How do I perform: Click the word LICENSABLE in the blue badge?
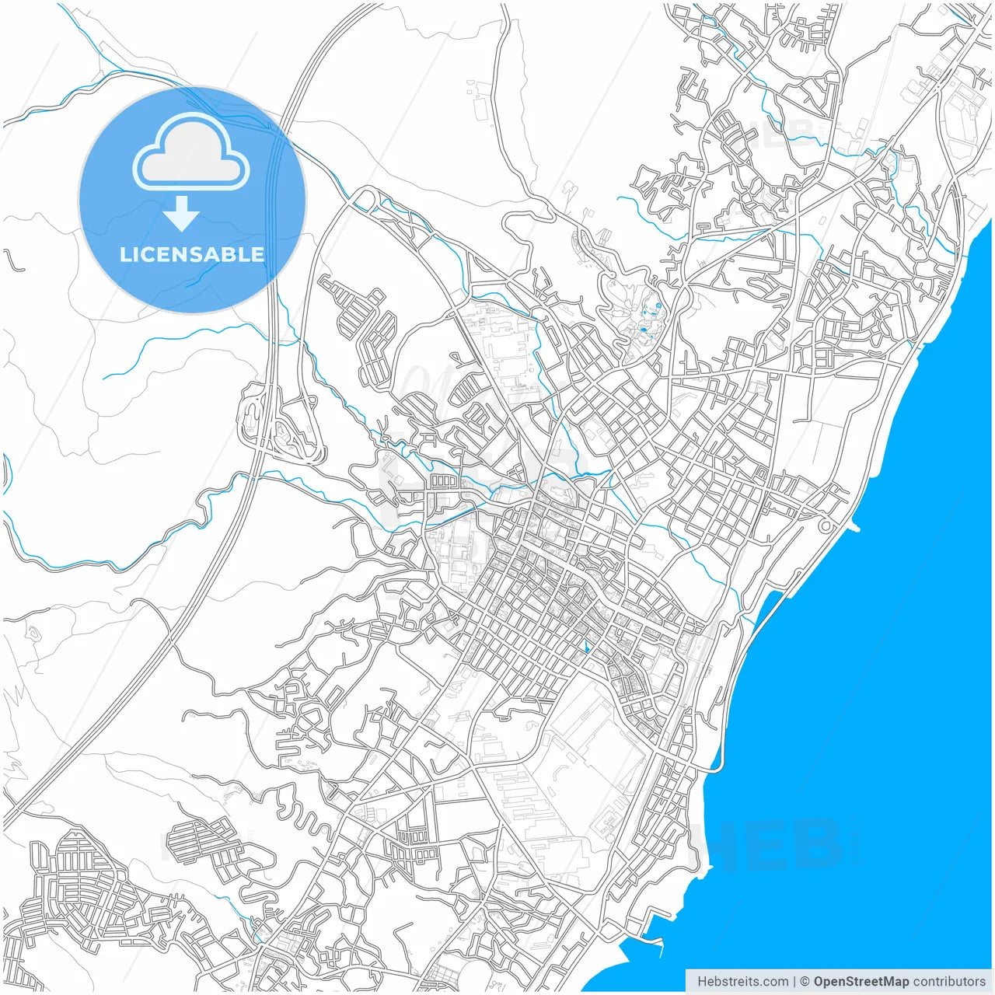click(x=192, y=254)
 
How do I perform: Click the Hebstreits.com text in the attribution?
click(x=742, y=982)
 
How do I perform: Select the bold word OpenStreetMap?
click(x=861, y=982)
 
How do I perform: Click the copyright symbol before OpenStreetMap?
click(x=805, y=982)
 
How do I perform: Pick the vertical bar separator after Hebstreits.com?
click(x=794, y=982)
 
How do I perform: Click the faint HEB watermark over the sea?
click(x=777, y=843)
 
